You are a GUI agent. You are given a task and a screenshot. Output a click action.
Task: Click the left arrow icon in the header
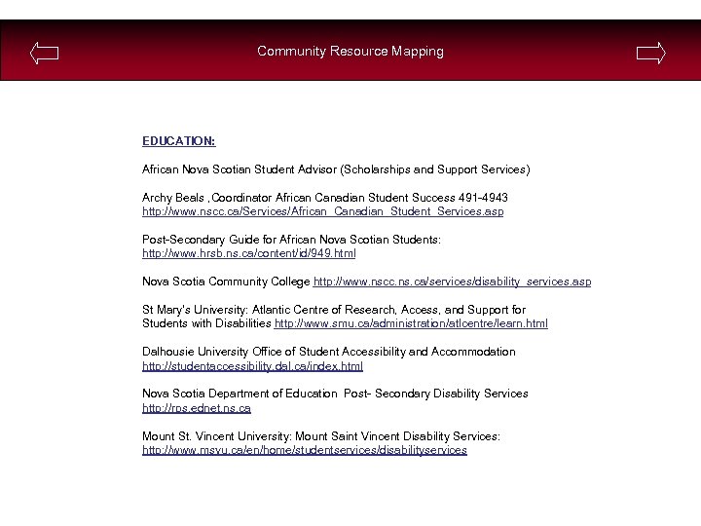[44, 53]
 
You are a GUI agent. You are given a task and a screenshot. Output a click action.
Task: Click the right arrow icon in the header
[651, 53]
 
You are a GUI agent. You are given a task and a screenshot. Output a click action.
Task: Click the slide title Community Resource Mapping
[350, 52]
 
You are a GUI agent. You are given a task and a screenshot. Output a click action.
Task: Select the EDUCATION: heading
[178, 141]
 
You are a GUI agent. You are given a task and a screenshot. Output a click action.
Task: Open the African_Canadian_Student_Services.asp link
[322, 211]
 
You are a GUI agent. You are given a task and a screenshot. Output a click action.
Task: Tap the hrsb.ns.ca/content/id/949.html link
[249, 253]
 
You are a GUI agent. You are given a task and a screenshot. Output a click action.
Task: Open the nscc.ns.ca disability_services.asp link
[452, 282]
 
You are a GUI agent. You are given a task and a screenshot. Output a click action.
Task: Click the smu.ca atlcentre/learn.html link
[411, 323]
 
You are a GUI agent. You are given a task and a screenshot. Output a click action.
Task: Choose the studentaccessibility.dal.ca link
[252, 366]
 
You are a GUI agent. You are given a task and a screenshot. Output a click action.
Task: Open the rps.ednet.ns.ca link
[197, 408]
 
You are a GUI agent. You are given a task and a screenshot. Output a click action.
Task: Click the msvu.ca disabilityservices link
[304, 450]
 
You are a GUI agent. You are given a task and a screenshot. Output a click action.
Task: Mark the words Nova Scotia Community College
[226, 282]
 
